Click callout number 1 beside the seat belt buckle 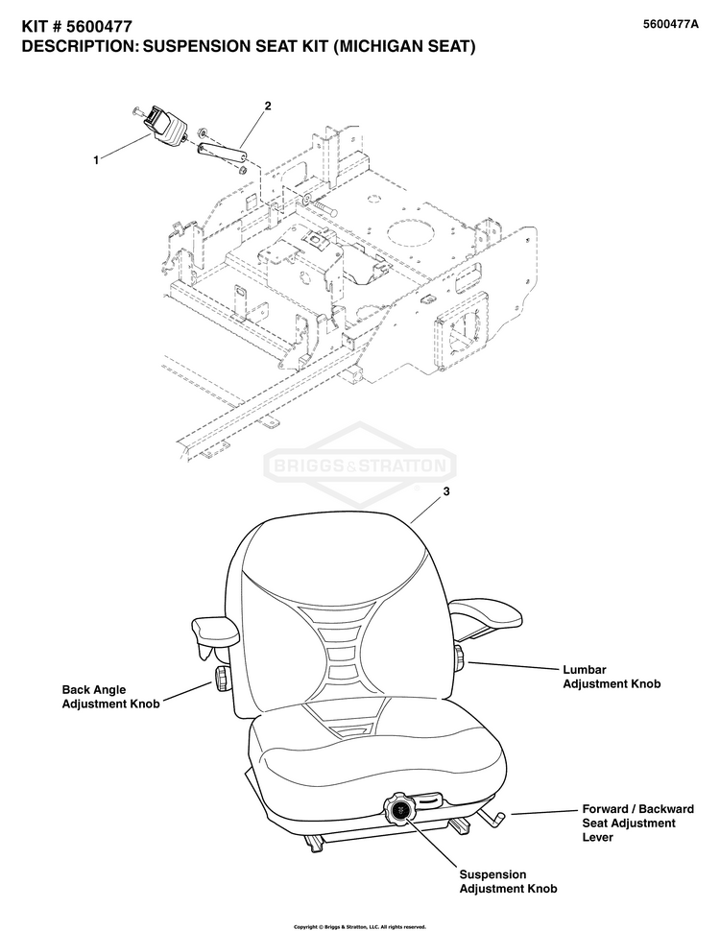pyautogui.click(x=95, y=161)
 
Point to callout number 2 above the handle pyautogui.click(x=267, y=107)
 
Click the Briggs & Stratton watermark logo pyautogui.click(x=359, y=466)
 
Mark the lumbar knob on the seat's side pyautogui.click(x=460, y=657)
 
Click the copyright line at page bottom pyautogui.click(x=359, y=926)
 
